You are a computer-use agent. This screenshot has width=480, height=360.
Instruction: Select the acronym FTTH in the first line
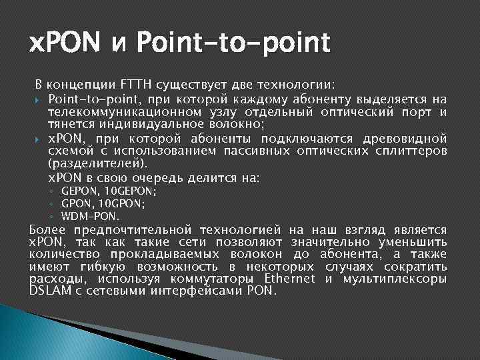pos(136,85)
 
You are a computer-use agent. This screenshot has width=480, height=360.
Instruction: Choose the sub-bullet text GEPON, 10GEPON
pos(109,191)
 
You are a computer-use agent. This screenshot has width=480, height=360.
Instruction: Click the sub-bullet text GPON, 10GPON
pos(103,203)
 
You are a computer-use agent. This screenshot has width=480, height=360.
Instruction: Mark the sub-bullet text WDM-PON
pos(90,216)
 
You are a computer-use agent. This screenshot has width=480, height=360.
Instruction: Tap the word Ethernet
pos(289,278)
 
